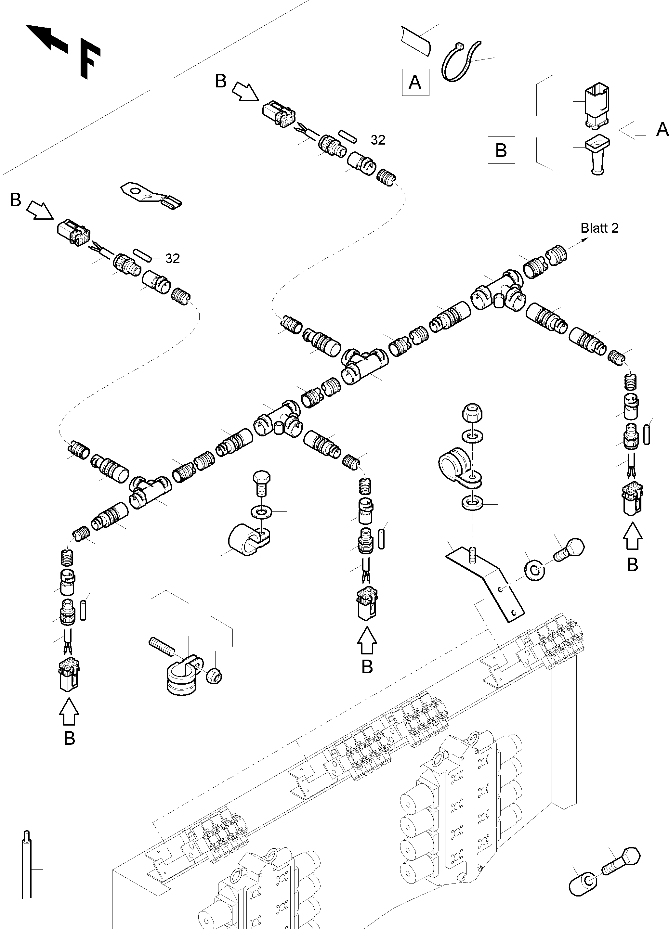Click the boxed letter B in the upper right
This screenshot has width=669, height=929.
[501, 150]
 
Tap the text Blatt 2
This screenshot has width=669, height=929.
[599, 228]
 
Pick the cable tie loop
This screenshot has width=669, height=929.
[460, 61]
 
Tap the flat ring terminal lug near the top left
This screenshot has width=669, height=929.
[151, 195]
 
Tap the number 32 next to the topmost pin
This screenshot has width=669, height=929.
[378, 140]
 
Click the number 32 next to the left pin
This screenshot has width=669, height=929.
[173, 258]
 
